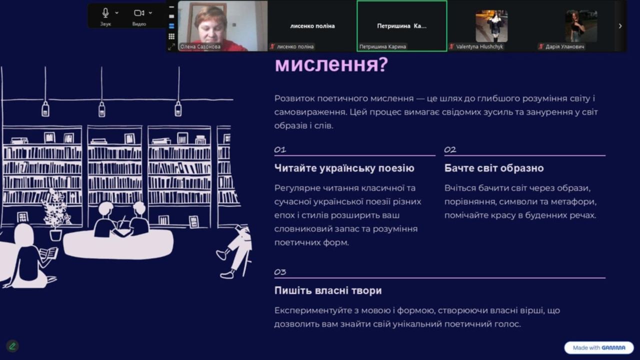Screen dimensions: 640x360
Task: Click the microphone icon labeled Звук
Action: tap(105, 13)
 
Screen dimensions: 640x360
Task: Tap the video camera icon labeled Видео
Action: tap(139, 13)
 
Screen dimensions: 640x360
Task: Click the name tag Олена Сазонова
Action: tap(200, 46)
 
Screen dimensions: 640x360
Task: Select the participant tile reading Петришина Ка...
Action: tap(401, 26)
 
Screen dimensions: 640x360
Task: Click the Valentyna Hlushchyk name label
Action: tap(479, 46)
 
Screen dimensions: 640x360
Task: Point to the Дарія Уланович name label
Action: tap(564, 46)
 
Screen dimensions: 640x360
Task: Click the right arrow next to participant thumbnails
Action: tap(620, 26)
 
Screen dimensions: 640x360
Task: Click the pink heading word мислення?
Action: tap(331, 64)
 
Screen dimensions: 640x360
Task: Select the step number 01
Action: tap(280, 149)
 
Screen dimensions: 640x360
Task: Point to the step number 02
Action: tap(450, 149)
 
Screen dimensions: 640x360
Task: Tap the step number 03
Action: tap(280, 271)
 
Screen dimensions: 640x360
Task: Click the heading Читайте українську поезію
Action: tap(344, 168)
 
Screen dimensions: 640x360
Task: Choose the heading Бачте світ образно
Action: tap(494, 168)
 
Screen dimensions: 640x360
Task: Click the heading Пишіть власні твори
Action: tap(328, 290)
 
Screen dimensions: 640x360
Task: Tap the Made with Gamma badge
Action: tap(599, 347)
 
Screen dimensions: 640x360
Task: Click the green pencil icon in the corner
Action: tap(12, 346)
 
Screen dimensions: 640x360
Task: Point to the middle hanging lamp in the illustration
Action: tap(101, 109)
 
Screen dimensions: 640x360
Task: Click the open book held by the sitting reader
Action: tap(48, 253)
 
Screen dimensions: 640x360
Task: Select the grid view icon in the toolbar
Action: tap(171, 36)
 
